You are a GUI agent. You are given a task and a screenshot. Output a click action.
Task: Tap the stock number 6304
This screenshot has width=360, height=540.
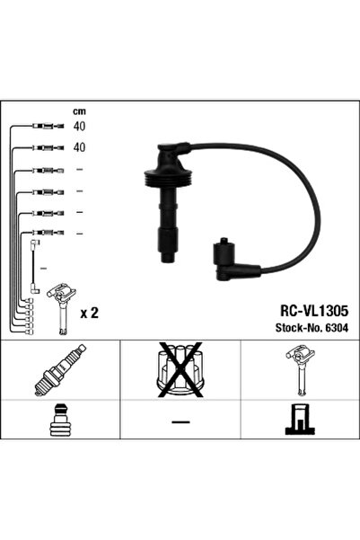337,327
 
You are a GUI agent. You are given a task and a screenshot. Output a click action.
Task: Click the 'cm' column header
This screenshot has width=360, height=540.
78,111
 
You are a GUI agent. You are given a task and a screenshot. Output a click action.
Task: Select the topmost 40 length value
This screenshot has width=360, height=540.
79,127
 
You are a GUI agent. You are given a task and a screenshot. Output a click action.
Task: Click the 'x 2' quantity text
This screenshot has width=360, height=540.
89,314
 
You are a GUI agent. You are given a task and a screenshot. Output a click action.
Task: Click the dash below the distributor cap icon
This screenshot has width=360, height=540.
180,423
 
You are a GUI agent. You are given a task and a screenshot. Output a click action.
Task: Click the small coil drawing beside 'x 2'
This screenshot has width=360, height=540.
62,305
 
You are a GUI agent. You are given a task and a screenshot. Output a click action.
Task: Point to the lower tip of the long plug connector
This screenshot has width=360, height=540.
167,258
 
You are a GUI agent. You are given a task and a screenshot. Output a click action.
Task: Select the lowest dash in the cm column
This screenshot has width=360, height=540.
79,233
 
